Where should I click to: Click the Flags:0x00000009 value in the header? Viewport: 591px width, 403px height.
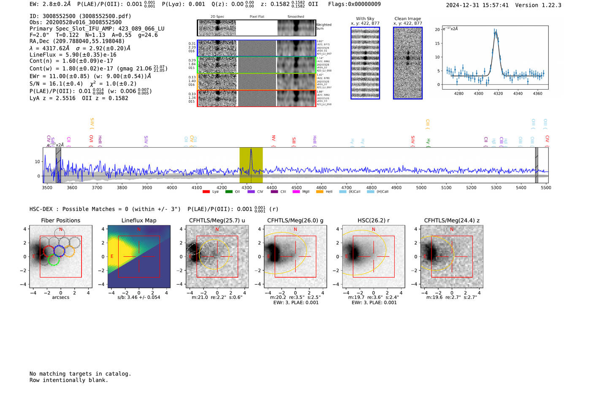(354, 4)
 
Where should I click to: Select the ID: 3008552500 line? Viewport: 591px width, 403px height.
(80, 16)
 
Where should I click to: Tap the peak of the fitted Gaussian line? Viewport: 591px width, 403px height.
(496, 32)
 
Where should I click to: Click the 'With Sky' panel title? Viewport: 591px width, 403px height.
(365, 19)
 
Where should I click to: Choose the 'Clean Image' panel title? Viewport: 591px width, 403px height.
(407, 19)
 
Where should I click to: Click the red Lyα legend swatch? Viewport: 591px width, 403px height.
(206, 192)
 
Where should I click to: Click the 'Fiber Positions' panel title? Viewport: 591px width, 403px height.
(60, 220)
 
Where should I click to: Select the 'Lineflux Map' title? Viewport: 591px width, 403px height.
(139, 220)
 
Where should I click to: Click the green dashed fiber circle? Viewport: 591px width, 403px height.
(53, 260)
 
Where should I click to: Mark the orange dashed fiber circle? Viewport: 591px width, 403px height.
(69, 251)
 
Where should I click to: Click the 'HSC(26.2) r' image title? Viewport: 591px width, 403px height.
(373, 220)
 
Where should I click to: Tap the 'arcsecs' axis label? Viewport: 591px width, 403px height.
(60, 297)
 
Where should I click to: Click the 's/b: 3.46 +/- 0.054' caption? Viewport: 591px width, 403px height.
(139, 297)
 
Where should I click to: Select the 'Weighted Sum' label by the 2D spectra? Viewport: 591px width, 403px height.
(324, 27)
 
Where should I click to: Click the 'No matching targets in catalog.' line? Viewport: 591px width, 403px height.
(80, 374)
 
